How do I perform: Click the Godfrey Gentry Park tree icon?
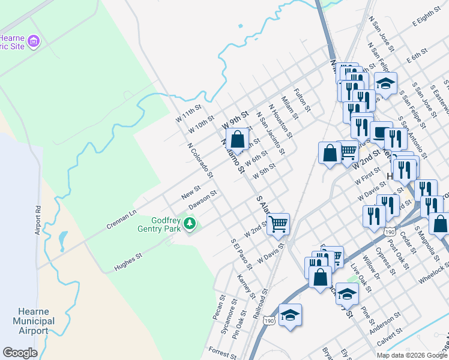click(x=190, y=224)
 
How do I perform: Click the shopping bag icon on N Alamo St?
click(x=238, y=139)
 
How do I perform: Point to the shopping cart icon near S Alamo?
click(x=278, y=224)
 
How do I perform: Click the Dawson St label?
click(x=202, y=200)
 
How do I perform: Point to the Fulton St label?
click(x=302, y=100)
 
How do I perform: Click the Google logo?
click(x=20, y=353)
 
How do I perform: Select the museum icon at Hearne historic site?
click(x=34, y=41)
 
